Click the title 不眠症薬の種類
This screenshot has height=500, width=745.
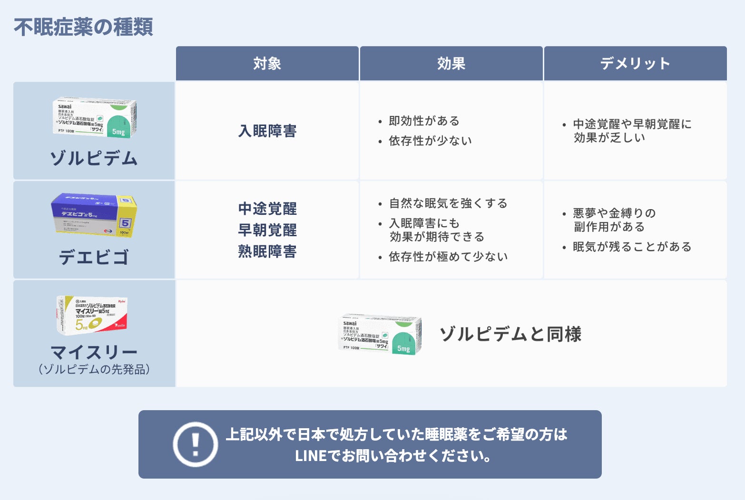point(83,27)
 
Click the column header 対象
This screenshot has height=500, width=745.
point(267,64)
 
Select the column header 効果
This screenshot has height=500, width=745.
point(451,64)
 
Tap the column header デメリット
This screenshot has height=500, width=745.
point(635,64)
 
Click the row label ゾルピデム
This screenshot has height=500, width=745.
point(94,158)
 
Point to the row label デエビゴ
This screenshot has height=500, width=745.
point(94,257)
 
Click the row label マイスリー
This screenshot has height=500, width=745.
point(94,353)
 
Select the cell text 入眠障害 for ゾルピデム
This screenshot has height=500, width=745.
point(267,131)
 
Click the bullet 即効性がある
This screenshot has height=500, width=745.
point(424,121)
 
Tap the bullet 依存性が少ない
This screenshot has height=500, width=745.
point(430,141)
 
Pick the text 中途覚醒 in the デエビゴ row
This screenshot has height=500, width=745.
point(267,209)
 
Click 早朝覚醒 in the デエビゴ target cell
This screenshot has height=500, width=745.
point(267,230)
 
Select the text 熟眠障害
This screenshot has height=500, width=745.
point(267,251)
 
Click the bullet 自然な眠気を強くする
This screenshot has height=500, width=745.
point(448,203)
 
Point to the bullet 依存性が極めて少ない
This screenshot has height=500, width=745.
point(448,257)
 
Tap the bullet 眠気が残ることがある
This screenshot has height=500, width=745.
point(632,247)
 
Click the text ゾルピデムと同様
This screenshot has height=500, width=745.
point(510,334)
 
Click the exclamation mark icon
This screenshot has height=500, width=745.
point(195,444)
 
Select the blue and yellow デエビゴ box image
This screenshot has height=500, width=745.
point(94,215)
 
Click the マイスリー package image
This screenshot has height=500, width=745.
point(92,314)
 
